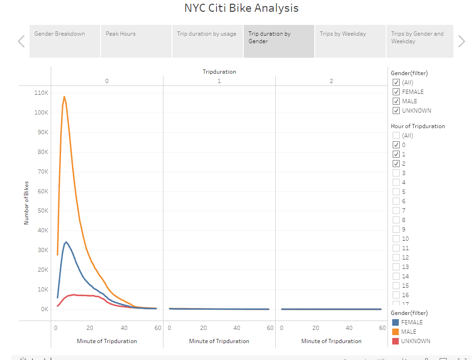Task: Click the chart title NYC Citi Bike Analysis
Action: pos(241,8)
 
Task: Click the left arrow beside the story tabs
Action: pos(21,41)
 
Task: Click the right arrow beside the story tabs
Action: pos(461,41)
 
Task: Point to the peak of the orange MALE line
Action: pos(64,97)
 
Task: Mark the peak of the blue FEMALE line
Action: pos(66,242)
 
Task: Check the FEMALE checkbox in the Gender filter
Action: pos(396,92)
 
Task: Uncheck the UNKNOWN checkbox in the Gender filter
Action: pos(396,111)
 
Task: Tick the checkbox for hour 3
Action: pos(396,173)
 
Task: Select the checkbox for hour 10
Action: pos(396,239)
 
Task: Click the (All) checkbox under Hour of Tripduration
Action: pos(396,136)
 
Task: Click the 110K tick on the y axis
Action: pos(41,93)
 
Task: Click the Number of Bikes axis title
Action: pos(26,203)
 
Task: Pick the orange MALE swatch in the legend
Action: pos(395,332)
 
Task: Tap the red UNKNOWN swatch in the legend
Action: pos(395,341)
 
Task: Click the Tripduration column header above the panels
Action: pos(219,72)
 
